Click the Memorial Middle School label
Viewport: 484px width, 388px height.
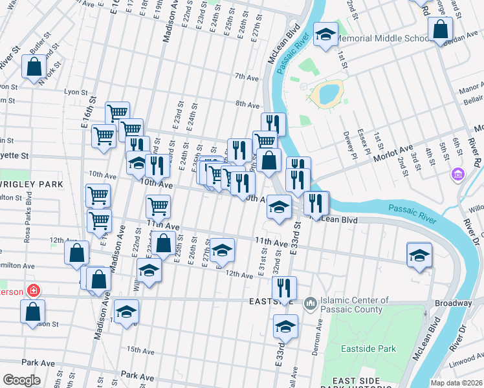383,38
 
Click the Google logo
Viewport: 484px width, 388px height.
21,380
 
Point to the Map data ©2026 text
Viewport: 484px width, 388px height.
456,383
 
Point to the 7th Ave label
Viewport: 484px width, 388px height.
247,77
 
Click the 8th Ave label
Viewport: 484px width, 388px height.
247,103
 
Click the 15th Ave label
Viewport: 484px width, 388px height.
140,350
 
